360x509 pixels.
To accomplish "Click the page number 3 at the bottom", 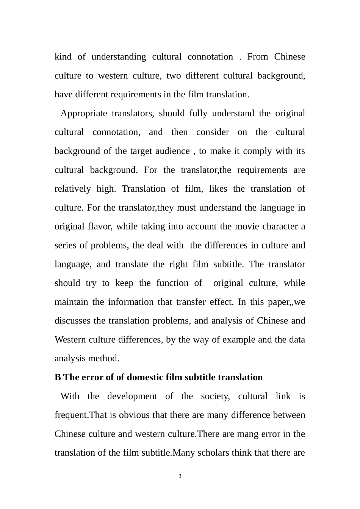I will (180, 476).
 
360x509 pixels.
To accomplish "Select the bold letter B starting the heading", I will (58, 378).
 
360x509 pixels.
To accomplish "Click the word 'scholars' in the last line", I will (212, 453).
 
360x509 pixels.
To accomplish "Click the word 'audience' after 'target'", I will (172, 151).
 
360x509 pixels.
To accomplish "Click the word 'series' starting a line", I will (66, 245).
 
